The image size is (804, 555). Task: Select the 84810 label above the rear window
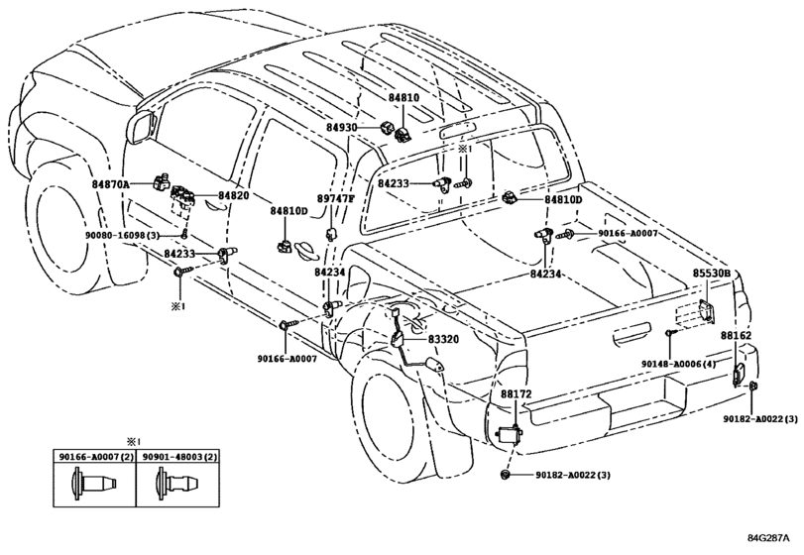point(403,99)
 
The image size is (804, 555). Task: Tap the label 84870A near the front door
point(113,183)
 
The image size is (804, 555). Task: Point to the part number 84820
point(234,196)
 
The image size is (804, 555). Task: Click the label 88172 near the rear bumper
point(516,394)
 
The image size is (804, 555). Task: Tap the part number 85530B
point(711,273)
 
